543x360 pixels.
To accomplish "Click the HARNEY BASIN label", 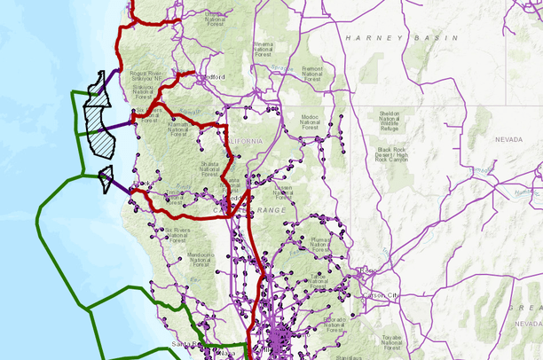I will (402, 38).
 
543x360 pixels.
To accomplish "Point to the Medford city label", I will (213, 77).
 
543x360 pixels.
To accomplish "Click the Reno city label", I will (368, 270).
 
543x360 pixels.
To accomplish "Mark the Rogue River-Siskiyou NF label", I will (146, 74).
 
